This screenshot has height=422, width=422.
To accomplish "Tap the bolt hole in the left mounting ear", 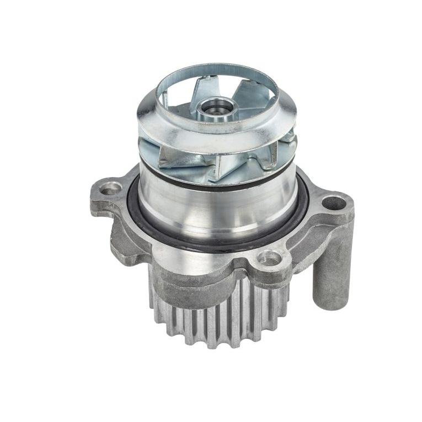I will [x=111, y=188].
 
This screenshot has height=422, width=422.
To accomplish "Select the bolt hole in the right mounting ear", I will [x=333, y=203].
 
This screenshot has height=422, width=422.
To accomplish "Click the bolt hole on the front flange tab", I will [x=269, y=257].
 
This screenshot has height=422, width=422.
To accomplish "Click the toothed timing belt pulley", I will [x=221, y=314].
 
